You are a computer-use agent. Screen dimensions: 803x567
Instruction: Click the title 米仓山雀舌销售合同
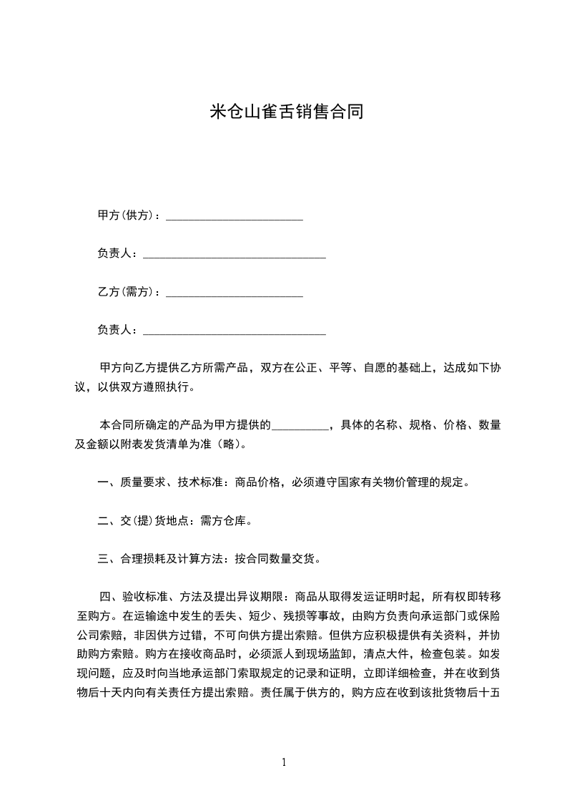283,112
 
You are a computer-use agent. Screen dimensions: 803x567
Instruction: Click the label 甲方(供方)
127,215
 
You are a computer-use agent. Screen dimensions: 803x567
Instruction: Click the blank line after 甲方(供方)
235,217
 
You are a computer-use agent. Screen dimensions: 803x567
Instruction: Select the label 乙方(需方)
127,292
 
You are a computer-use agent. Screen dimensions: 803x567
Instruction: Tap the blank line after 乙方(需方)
235,293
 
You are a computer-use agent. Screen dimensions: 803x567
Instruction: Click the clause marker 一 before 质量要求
103,483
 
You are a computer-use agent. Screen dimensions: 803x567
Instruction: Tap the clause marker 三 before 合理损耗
103,560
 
